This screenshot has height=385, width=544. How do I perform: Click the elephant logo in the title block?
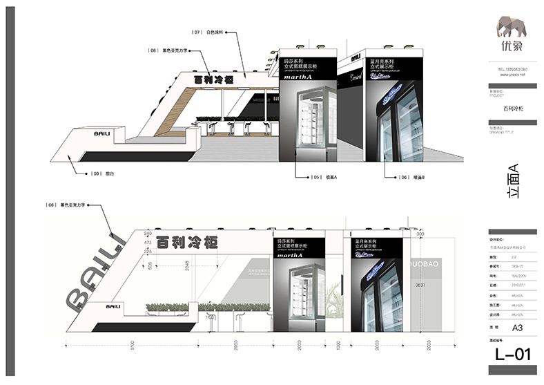point(512,27)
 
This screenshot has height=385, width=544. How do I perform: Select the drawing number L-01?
point(512,355)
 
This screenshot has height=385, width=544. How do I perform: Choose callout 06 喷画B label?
point(410,178)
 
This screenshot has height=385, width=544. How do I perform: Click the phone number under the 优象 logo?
point(512,70)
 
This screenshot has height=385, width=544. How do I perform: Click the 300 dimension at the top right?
point(421,234)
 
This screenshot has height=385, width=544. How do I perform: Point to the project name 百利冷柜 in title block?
point(512,109)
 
